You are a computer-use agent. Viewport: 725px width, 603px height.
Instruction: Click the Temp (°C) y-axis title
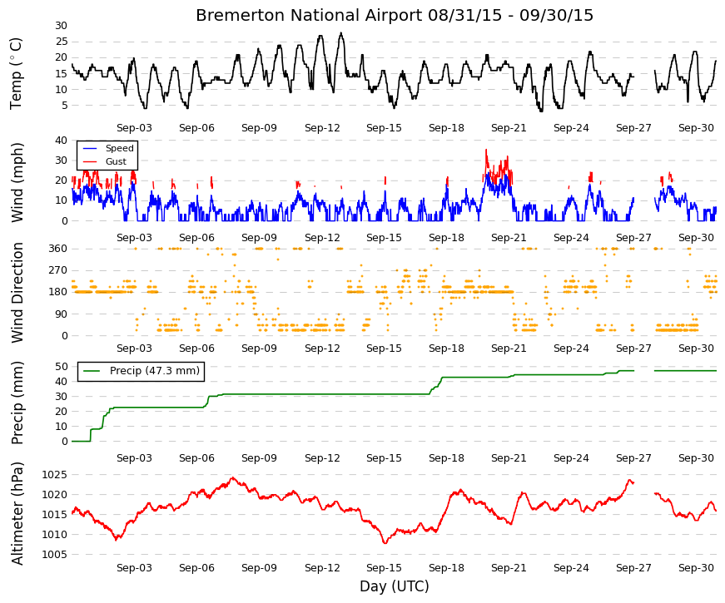(x=16, y=73)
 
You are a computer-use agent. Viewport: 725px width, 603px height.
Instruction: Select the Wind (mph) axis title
(x=17, y=182)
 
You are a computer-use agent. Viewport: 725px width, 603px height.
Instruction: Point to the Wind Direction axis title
(x=17, y=293)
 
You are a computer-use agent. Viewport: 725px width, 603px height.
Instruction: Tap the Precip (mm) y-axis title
(x=17, y=403)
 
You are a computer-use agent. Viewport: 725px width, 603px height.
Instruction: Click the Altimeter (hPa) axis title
(x=17, y=513)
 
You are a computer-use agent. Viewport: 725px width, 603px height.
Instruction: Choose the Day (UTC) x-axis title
(x=395, y=586)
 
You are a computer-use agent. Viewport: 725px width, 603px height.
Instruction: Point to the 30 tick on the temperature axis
(x=62, y=26)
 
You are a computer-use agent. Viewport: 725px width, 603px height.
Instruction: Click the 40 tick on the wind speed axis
(x=62, y=141)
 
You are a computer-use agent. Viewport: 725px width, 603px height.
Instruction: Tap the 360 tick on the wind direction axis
(x=58, y=249)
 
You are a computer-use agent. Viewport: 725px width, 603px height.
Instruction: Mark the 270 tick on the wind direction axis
(x=58, y=270)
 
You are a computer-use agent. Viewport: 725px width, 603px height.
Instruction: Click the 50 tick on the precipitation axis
(x=62, y=367)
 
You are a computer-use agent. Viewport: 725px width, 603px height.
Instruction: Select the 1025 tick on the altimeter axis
(x=55, y=475)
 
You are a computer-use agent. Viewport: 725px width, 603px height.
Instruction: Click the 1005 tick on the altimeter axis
(x=55, y=555)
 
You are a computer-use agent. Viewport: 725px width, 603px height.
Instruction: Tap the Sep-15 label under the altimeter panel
(x=384, y=568)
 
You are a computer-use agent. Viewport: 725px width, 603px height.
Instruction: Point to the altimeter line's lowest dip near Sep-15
(x=385, y=542)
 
